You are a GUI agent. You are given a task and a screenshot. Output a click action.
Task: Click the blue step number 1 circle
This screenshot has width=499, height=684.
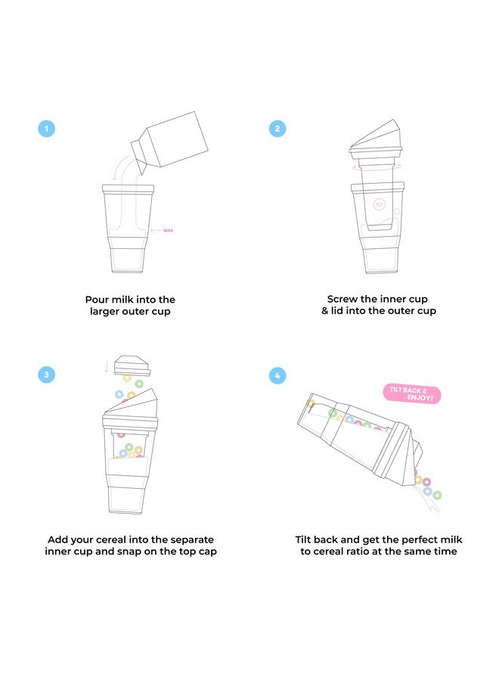coord(47,129)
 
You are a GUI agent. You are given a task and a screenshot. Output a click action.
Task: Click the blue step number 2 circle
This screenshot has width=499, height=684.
coord(277,129)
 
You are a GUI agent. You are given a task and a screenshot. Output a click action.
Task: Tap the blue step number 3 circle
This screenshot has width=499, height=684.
coord(47,375)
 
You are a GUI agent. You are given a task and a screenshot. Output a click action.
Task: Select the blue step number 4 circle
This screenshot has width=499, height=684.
coord(277,375)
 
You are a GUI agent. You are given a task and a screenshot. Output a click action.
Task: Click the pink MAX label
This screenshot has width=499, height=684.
coord(168,230)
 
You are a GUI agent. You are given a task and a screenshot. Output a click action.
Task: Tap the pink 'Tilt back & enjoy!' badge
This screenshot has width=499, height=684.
coord(412,394)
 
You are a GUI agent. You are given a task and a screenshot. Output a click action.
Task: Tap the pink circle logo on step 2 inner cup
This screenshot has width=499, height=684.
coord(380,204)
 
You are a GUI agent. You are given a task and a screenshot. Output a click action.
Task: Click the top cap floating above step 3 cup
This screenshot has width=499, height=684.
coord(132,365)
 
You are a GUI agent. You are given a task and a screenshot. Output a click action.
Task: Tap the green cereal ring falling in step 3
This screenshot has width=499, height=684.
coord(139,384)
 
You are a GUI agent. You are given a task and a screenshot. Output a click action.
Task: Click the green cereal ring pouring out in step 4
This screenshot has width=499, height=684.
coord(437,495)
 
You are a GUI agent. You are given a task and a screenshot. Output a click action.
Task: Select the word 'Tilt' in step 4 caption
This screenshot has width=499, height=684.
coord(303,539)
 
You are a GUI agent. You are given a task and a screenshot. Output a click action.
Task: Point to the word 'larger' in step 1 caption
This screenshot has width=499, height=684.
coord(104,312)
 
